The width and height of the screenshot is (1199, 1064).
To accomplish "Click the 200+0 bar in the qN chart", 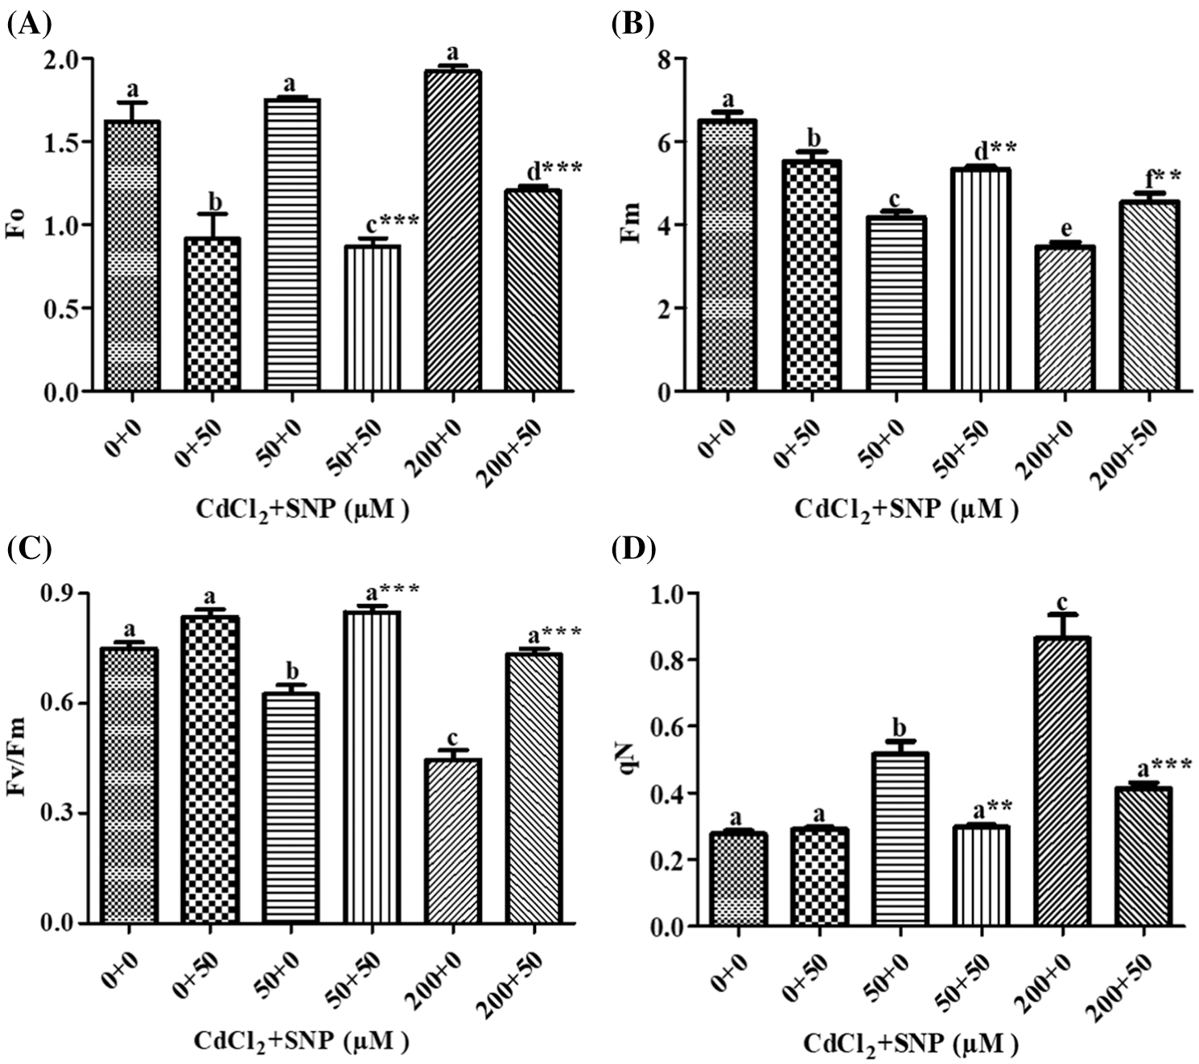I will pyautogui.click(x=1062, y=781).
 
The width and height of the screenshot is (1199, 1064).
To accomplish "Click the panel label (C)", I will pyautogui.click(x=29, y=549).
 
